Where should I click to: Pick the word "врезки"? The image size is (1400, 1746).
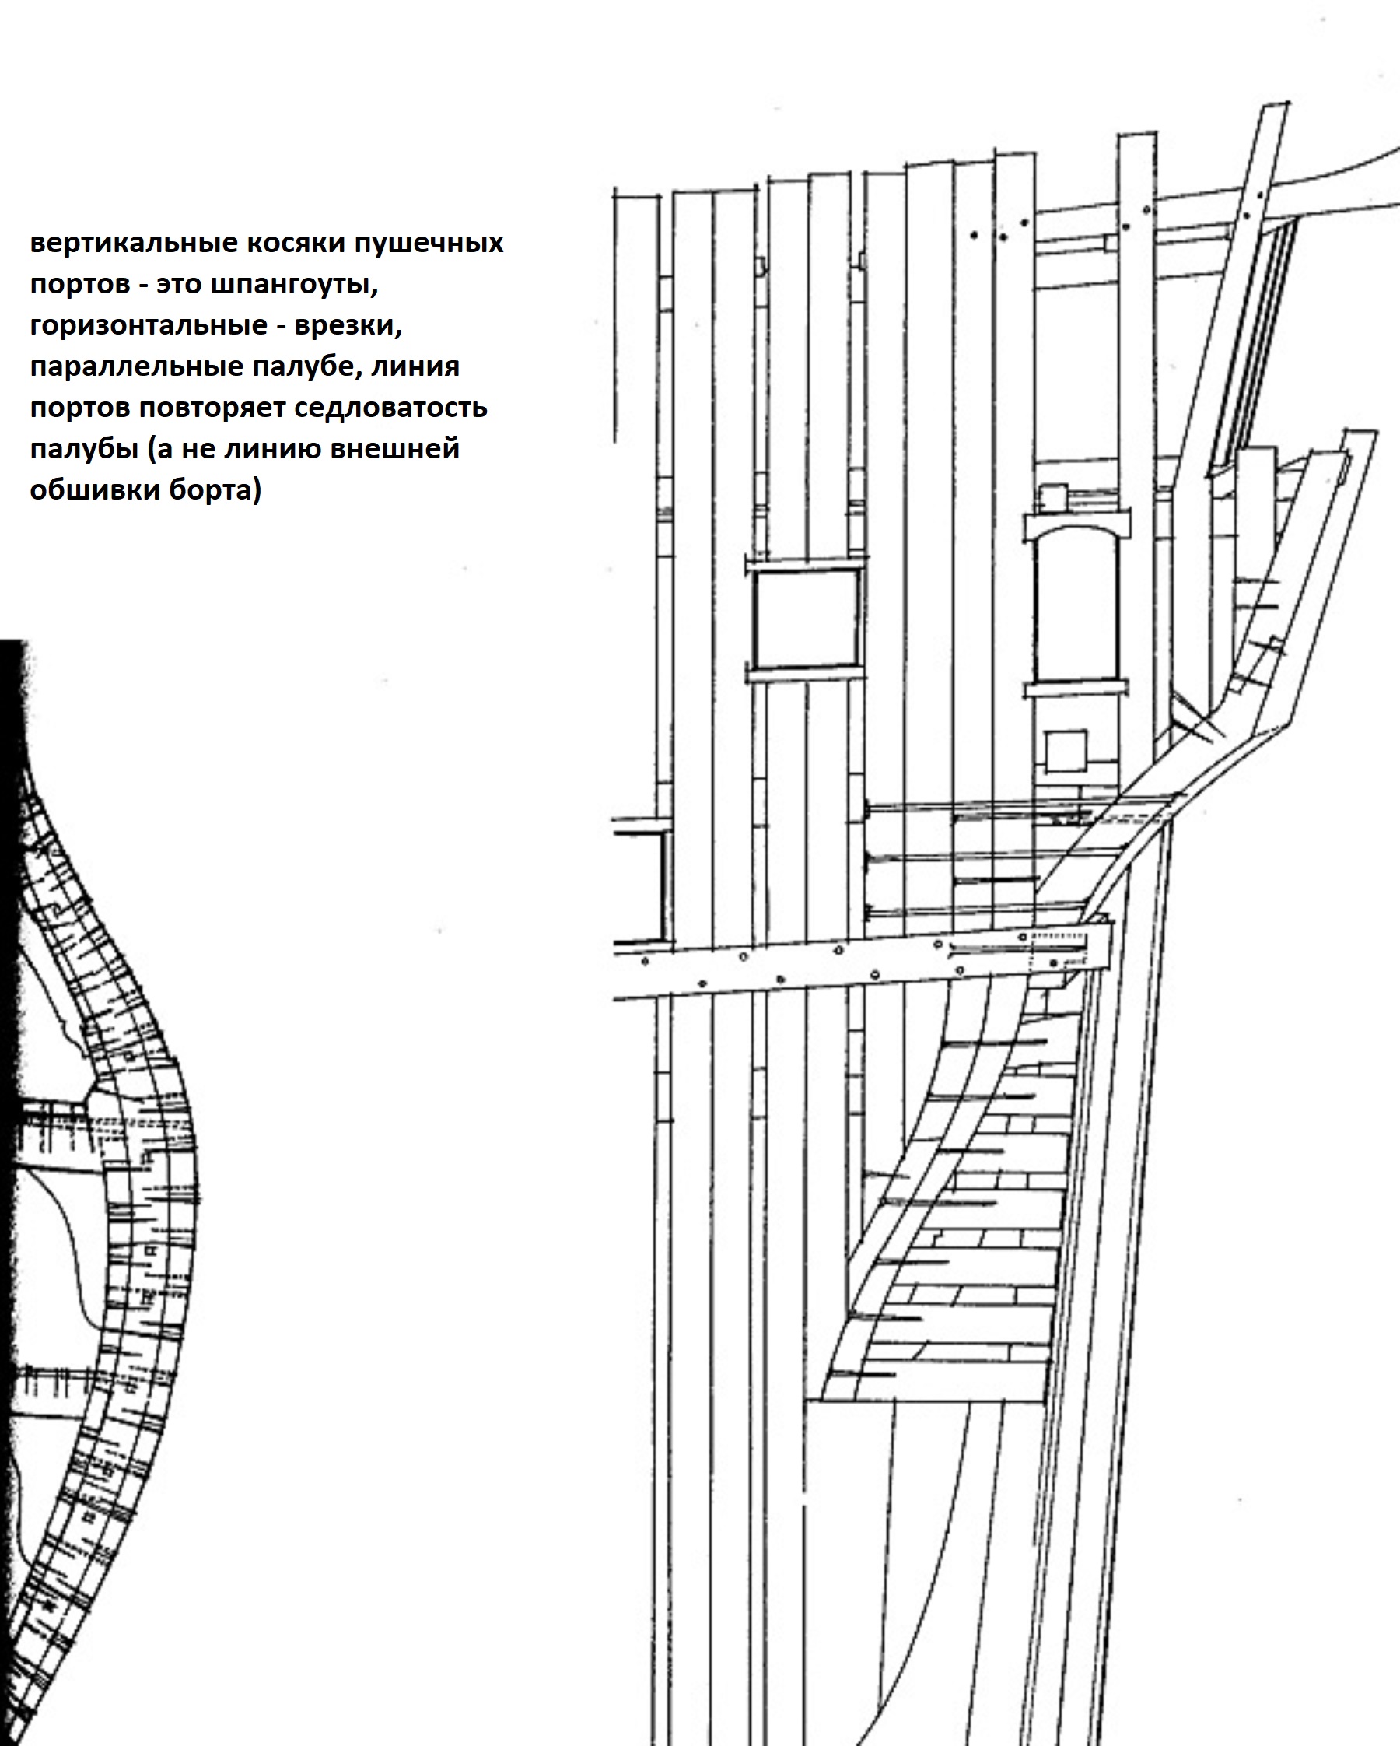coord(348,325)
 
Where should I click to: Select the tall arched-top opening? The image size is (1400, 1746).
coord(1076,615)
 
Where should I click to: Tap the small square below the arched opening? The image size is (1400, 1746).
coord(1066,752)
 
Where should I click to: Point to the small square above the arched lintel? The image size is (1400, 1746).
coord(1054,497)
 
